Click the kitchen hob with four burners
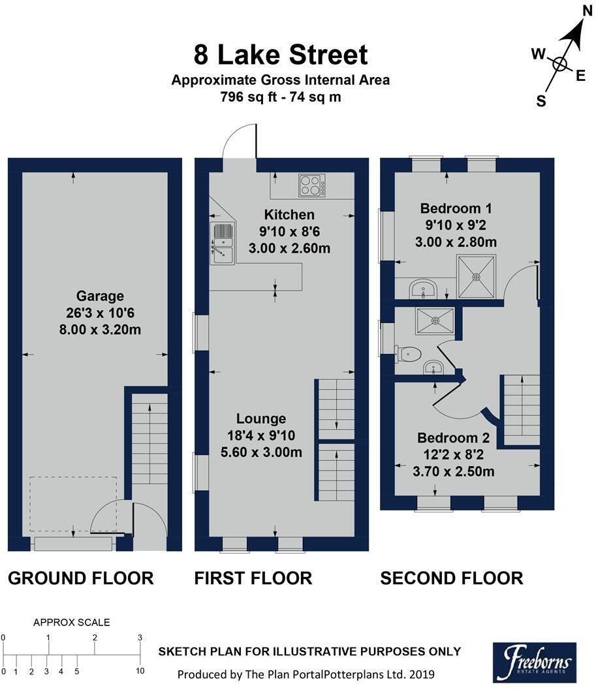pos(312,185)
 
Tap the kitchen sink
pos(223,243)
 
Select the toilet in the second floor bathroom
pos(408,354)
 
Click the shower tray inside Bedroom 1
pos(477,277)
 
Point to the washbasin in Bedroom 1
pos(423,289)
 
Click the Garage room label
pos(100,296)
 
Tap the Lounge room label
pos(261,418)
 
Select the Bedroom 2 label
pos(454,438)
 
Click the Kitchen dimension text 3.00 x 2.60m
pos(289,248)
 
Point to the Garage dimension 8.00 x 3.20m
pos(100,329)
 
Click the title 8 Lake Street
pos(281,55)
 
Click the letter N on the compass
pos(588,10)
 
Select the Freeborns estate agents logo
pos(535,662)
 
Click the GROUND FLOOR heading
pos(81,578)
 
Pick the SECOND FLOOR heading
pos(452,578)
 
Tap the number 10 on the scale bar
pos(140,671)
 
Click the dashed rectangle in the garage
pos(73,505)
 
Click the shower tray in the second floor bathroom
pos(435,321)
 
